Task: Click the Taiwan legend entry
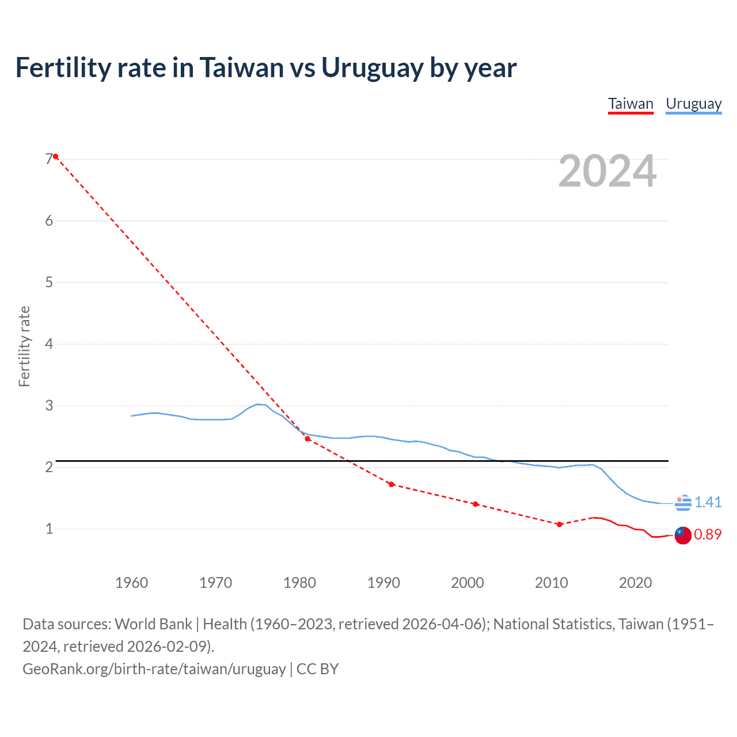coord(630,104)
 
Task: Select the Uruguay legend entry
coord(693,104)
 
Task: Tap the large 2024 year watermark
coord(607,171)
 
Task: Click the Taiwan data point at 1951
coord(55,157)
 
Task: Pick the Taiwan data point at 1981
coord(307,439)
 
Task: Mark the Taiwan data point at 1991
coord(392,484)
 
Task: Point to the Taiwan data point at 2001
coord(476,504)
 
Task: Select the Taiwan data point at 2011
coord(559,524)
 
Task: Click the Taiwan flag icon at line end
coord(682,535)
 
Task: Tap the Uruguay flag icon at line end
coord(683,503)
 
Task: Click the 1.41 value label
coord(708,502)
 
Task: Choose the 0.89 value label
coord(708,534)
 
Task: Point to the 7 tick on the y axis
coord(49,159)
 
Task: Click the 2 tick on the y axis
coord(49,467)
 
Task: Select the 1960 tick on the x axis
coord(132,583)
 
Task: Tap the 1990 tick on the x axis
coord(383,583)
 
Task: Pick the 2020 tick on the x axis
coord(635,583)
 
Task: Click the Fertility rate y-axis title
coord(24,346)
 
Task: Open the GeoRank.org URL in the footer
coord(154,668)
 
